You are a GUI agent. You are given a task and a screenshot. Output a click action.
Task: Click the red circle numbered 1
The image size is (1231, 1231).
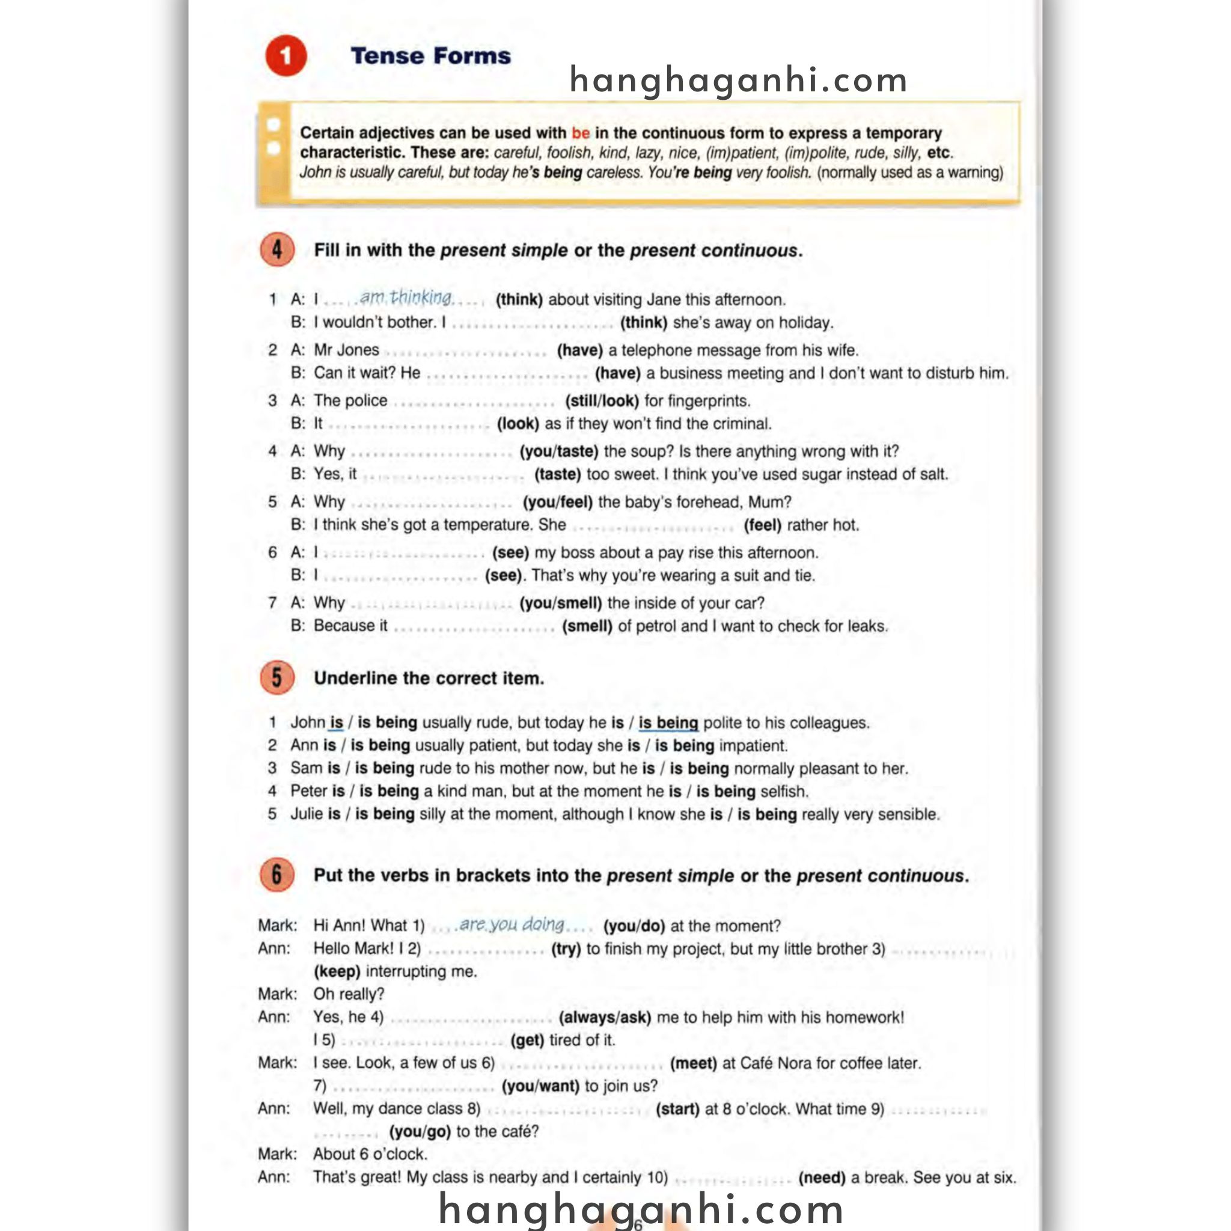point(286,56)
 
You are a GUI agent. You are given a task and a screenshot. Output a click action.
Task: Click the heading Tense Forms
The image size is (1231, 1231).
point(431,56)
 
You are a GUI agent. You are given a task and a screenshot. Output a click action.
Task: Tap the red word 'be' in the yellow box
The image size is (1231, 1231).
point(581,133)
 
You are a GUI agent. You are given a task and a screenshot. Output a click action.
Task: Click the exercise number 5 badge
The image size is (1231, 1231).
point(277,677)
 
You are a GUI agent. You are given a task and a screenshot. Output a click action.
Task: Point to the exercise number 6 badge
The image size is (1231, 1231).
point(277,875)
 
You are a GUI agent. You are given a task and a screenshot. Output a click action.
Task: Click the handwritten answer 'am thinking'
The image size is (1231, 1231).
point(406,298)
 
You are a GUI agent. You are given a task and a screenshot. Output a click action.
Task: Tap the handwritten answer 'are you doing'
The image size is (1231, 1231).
point(512,924)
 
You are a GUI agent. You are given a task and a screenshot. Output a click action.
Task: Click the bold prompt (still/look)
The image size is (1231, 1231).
point(602,401)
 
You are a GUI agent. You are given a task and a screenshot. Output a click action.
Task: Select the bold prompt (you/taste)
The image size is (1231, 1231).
point(559,451)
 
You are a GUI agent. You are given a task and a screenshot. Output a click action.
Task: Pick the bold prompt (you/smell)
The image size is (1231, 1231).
point(561,603)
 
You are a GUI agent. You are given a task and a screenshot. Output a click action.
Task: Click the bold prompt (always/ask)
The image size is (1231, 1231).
point(605,1017)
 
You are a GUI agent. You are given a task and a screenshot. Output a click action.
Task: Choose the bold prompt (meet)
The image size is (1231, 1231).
point(693,1063)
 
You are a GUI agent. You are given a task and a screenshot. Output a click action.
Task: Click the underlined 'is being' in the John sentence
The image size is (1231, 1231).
point(668,722)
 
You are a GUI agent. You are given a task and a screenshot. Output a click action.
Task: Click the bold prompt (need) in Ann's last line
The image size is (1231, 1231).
point(821,1178)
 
